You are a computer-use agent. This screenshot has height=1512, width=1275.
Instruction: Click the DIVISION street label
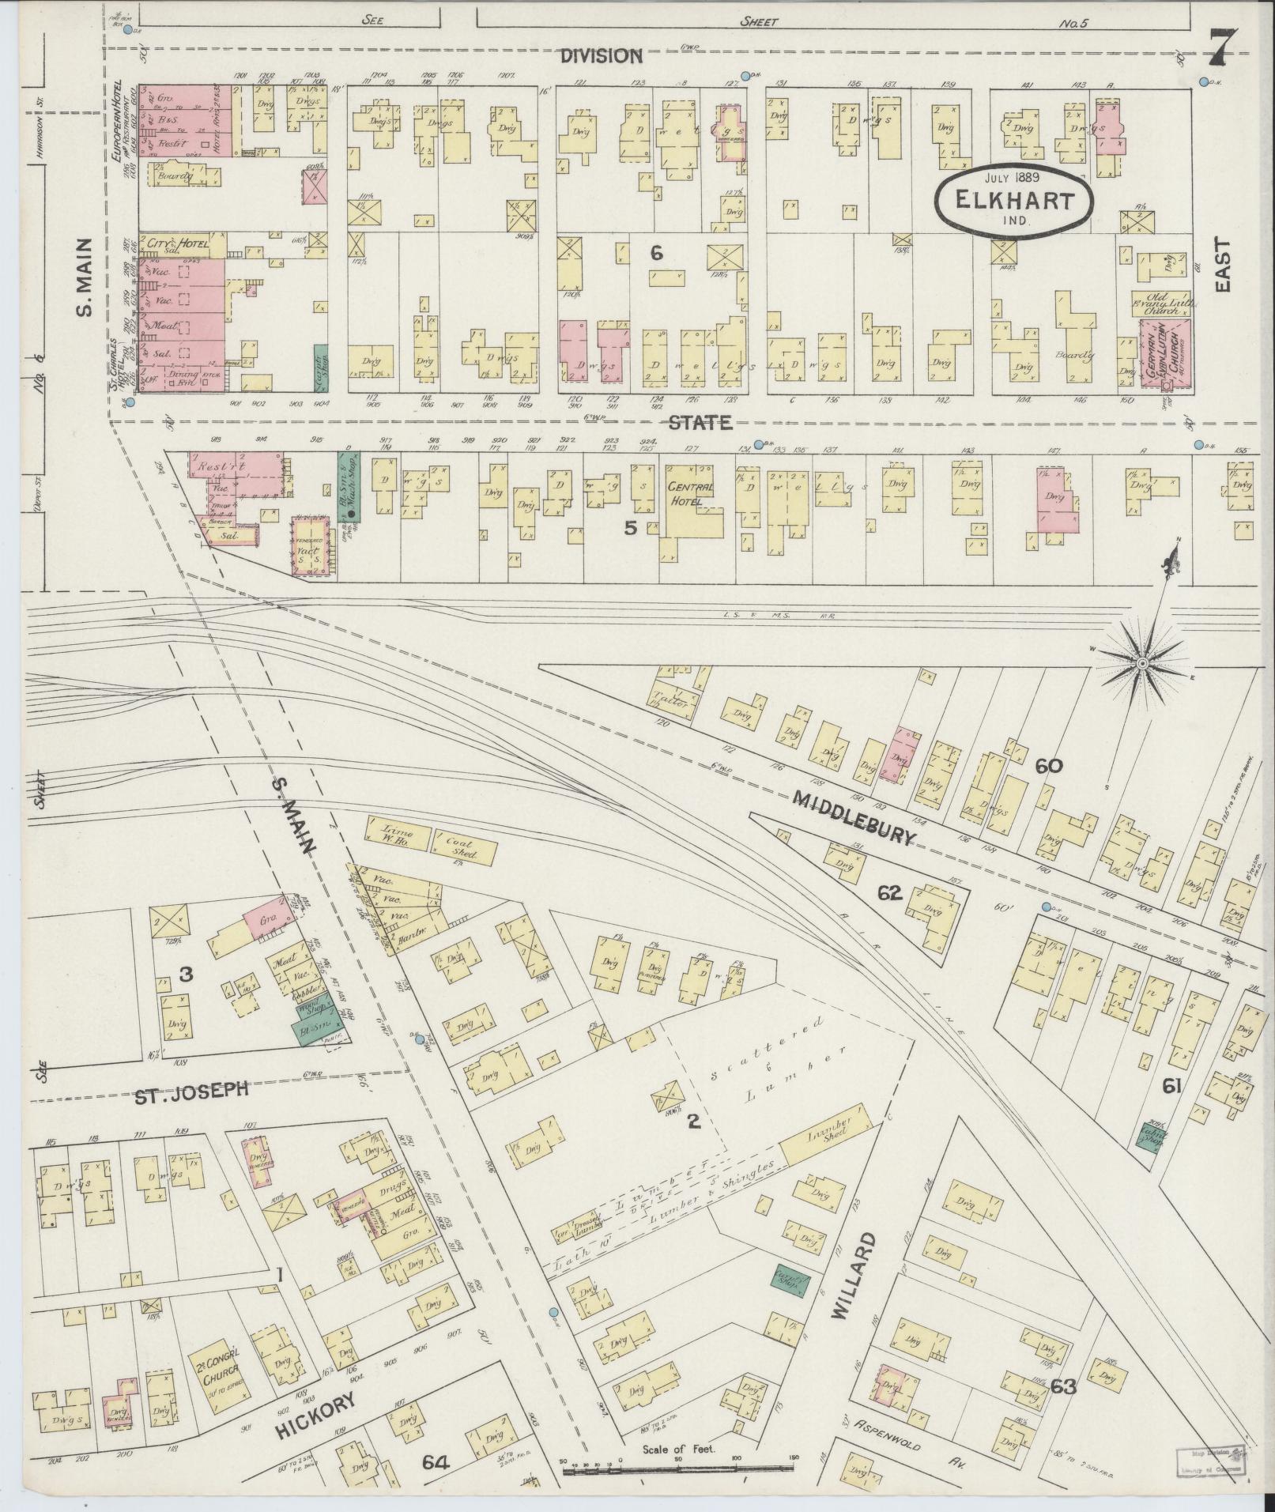pyautogui.click(x=602, y=56)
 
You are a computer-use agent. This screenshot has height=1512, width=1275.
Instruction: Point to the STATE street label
pyautogui.click(x=700, y=423)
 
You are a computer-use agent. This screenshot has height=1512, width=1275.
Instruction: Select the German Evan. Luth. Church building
pyautogui.click(x=1164, y=353)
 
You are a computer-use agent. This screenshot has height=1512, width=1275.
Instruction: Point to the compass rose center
pyautogui.click(x=1142, y=665)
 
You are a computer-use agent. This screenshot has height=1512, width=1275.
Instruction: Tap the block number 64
pyautogui.click(x=435, y=1462)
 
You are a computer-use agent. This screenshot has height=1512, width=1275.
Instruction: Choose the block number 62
pyautogui.click(x=889, y=892)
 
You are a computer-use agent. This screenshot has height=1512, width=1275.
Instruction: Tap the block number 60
pyautogui.click(x=1049, y=765)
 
